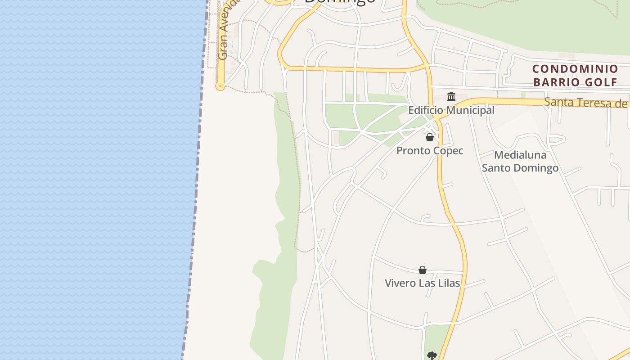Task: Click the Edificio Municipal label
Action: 451,110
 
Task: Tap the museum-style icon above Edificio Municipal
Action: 451,96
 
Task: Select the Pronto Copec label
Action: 430,151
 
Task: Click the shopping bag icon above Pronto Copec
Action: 430,137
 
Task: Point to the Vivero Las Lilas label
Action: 422,283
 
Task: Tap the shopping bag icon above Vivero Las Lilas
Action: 423,270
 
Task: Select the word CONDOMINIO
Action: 575,69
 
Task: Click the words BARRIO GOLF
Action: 575,82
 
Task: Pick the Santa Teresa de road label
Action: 585,103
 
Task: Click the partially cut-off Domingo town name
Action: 340,2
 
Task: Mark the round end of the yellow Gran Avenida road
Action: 220,85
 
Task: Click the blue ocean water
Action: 90,180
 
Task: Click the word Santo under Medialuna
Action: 498,168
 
